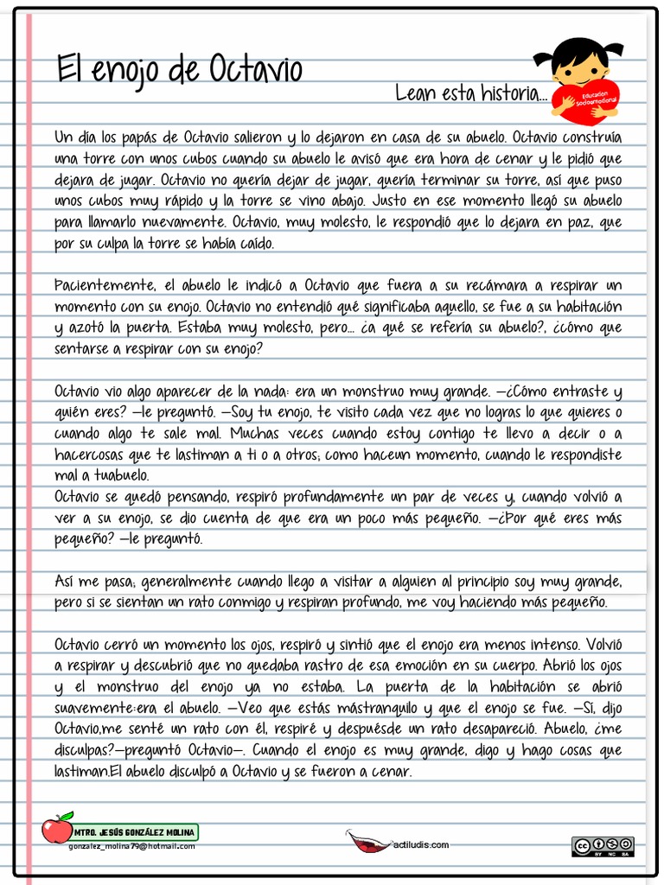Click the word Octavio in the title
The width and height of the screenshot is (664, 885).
pos(255,69)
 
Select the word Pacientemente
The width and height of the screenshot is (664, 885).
pos(105,286)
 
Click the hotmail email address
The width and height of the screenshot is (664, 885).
pos(131,846)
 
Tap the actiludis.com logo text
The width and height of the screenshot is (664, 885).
pos(421,844)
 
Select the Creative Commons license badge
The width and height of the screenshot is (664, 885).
pos(603,846)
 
